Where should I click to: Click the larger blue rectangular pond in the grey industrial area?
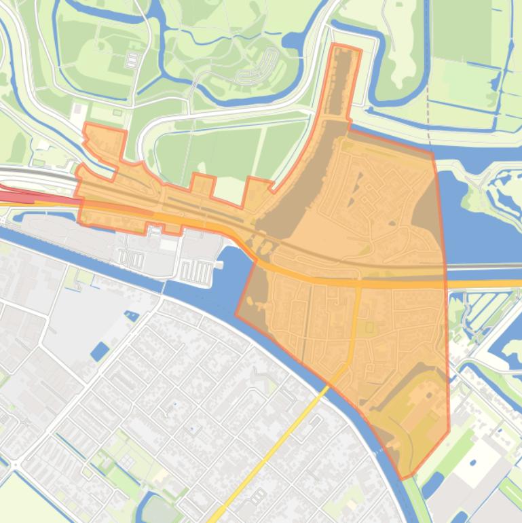tap(99, 351)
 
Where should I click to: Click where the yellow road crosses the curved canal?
tap(329, 386)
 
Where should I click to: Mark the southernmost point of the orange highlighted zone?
tap(403, 477)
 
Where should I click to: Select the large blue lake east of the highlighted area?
tap(482, 231)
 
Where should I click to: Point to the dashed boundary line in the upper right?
tap(428, 115)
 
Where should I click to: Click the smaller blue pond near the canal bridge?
tap(131, 315)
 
